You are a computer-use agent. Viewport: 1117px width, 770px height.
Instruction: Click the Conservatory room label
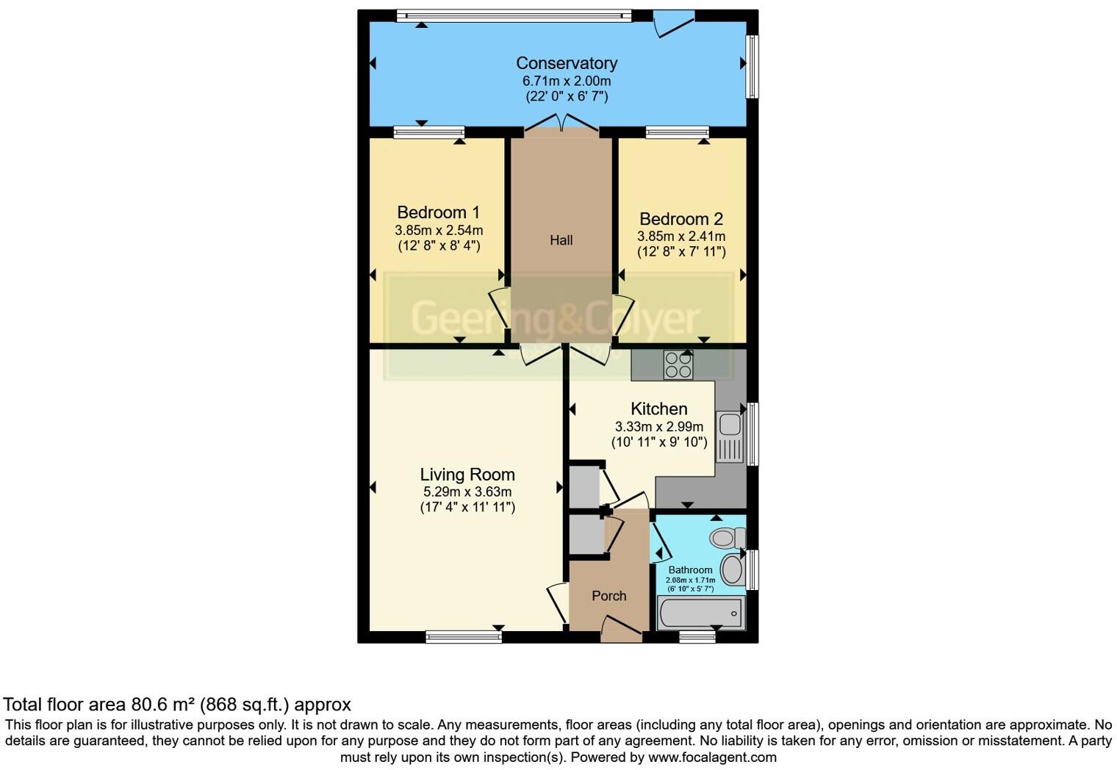566,63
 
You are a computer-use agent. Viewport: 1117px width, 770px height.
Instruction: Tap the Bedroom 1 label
439,212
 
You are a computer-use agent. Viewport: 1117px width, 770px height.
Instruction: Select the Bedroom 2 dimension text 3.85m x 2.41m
681,237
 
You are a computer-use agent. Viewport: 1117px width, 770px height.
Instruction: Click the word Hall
561,240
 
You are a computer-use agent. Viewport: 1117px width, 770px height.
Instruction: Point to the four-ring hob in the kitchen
678,364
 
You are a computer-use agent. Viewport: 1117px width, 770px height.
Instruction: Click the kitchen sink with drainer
730,437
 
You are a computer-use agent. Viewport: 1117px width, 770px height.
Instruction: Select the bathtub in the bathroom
700,613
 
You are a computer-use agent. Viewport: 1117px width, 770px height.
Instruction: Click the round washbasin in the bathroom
732,569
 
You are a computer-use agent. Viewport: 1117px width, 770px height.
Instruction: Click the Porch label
609,596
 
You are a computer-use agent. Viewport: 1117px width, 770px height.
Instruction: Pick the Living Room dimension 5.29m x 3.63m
467,492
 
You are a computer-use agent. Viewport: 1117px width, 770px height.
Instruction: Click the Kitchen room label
659,409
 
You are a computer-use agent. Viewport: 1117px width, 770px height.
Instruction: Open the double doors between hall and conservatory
561,123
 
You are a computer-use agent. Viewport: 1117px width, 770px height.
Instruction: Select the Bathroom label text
690,569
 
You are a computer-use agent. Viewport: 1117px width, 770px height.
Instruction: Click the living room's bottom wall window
464,636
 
